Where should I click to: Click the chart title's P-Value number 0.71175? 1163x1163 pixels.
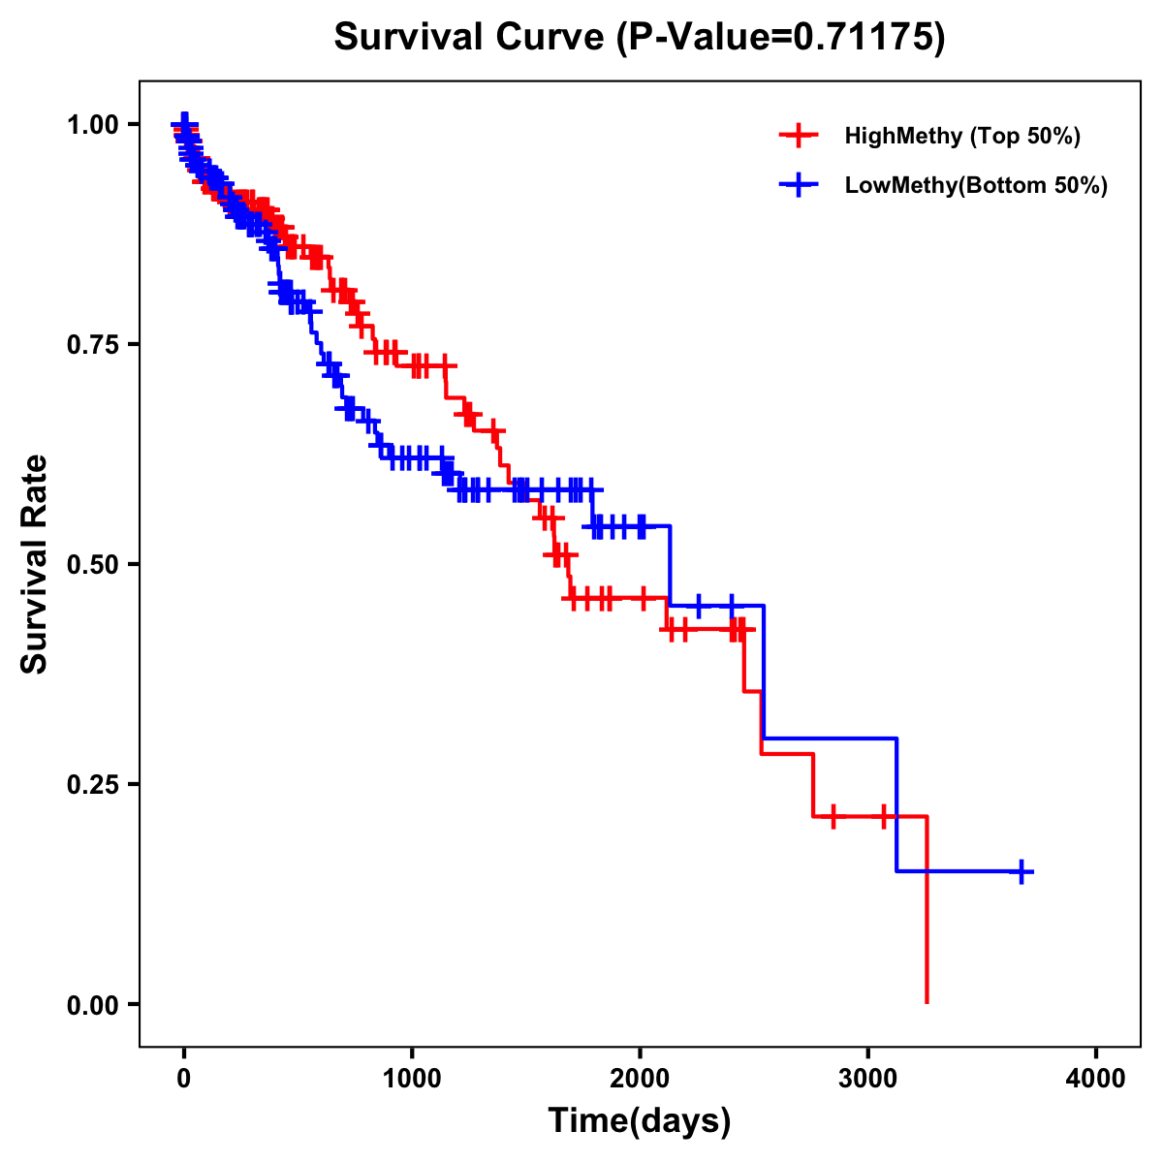[x=864, y=38]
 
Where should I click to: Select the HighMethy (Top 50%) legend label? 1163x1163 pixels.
[x=961, y=136]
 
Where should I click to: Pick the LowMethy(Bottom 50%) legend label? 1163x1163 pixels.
[x=976, y=185]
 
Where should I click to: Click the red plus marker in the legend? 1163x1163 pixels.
[x=799, y=136]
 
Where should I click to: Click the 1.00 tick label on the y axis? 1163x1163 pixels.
[x=91, y=124]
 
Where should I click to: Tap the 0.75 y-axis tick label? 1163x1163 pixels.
[x=91, y=344]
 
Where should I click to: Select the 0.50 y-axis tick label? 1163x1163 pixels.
[x=91, y=564]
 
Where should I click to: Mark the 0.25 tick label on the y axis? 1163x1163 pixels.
[x=91, y=784]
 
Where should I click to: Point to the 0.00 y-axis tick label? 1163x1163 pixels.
[x=91, y=1004]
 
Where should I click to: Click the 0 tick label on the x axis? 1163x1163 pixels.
[x=184, y=1079]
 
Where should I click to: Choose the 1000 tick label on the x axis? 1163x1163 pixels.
[x=412, y=1079]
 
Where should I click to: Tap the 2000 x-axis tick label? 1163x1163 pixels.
[x=640, y=1079]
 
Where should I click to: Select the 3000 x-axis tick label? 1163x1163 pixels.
[x=868, y=1079]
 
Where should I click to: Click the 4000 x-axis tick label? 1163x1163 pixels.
[x=1096, y=1079]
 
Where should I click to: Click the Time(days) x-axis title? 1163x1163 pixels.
[x=640, y=1121]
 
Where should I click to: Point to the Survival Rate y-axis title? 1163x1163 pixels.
[x=35, y=564]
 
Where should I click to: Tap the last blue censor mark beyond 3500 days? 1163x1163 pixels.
[x=1021, y=871]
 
